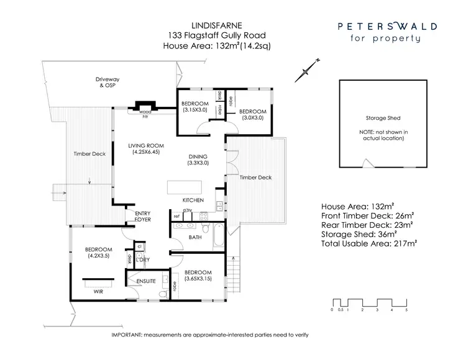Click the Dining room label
(x=199, y=159)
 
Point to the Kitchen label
(x=193, y=200)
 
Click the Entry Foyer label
(x=142, y=217)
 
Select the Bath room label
(x=195, y=237)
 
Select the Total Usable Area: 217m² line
(x=369, y=245)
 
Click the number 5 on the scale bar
(x=406, y=309)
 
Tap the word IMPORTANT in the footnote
(x=127, y=335)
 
